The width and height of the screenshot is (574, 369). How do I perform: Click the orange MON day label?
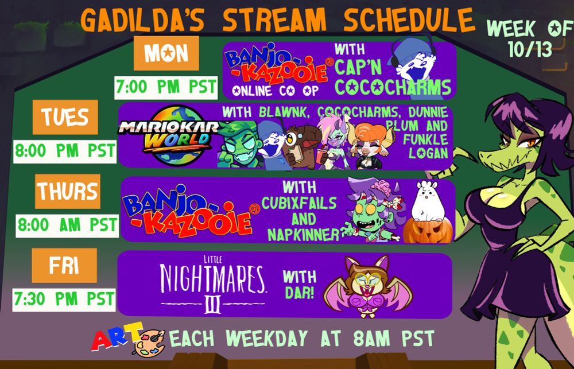pos(166,53)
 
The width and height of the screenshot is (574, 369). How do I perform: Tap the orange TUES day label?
pos(65,116)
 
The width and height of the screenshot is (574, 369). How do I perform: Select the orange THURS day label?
pos(68,191)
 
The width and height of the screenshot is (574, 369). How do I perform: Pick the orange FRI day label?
pos(64,265)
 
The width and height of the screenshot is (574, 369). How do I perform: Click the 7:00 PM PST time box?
pos(166,87)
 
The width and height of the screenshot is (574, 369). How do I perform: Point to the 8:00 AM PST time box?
pos(67,226)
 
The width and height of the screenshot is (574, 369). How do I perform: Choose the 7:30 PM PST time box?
pos(64,300)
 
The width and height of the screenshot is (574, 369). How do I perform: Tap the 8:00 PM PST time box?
pos(65,151)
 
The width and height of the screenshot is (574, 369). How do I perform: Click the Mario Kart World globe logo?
pos(172,136)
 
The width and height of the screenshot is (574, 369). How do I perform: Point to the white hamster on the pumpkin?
pos(428,201)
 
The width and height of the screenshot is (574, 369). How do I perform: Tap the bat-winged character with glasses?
pos(367,286)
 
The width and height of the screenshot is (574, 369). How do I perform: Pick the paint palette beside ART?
pos(149,342)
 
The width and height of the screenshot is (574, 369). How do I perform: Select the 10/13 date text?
pos(530,49)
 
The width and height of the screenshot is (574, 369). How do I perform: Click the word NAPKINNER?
pos(304,234)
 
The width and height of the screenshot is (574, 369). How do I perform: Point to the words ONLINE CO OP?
pos(276,91)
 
